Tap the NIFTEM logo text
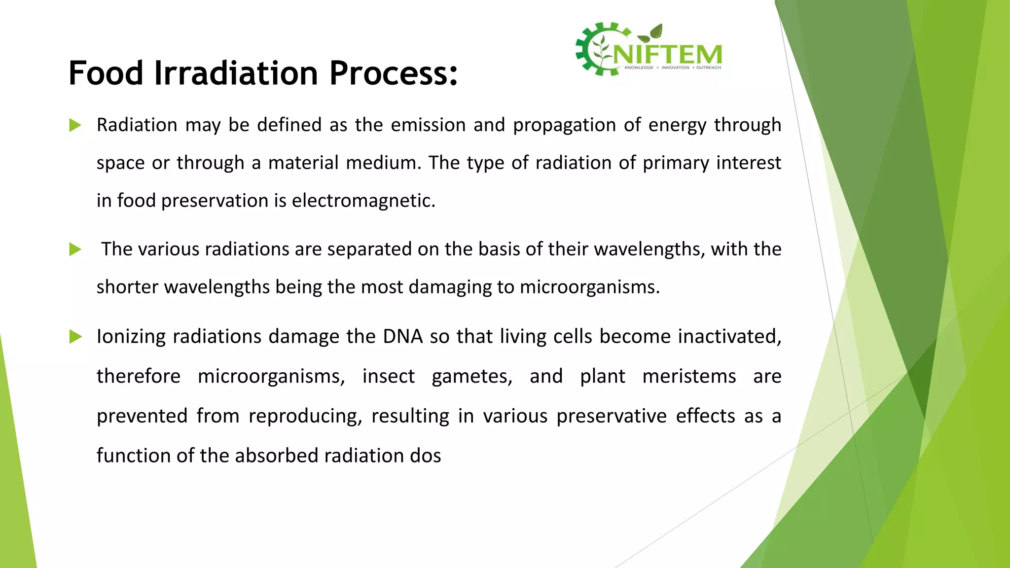[668, 54]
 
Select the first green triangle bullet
[75, 125]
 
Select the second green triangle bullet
[75, 249]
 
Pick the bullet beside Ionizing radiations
[75, 337]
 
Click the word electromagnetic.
[363, 201]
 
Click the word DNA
[402, 337]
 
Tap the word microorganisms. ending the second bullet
[589, 287]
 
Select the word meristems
[689, 376]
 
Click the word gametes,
[472, 376]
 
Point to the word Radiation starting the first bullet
[137, 125]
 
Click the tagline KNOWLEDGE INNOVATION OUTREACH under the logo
[672, 68]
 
